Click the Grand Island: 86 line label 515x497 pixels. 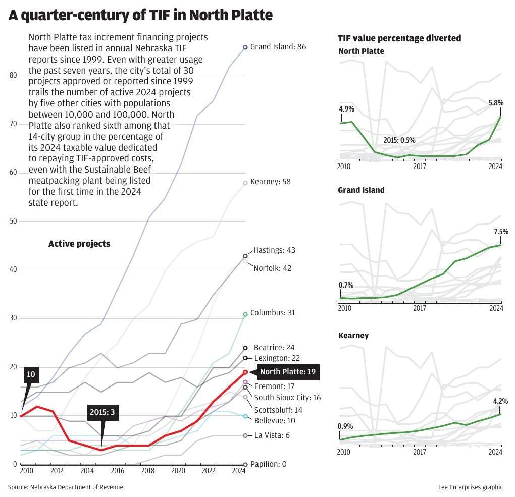tap(278, 47)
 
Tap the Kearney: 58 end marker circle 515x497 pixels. tap(245, 183)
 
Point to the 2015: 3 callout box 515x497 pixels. tap(102, 412)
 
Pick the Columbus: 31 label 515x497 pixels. tap(273, 313)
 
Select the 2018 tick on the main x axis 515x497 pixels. tap(147, 471)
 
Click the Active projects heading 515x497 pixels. tap(79, 244)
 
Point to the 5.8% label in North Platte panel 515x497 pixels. tap(496, 103)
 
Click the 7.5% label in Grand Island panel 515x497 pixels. tap(501, 232)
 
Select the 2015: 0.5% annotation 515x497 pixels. tap(400, 140)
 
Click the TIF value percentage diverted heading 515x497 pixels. tap(399, 38)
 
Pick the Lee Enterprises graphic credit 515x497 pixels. tap(471, 487)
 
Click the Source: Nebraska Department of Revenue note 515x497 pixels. tap(65, 487)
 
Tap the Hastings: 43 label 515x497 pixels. tap(274, 250)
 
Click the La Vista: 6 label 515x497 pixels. tap(272, 435)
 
